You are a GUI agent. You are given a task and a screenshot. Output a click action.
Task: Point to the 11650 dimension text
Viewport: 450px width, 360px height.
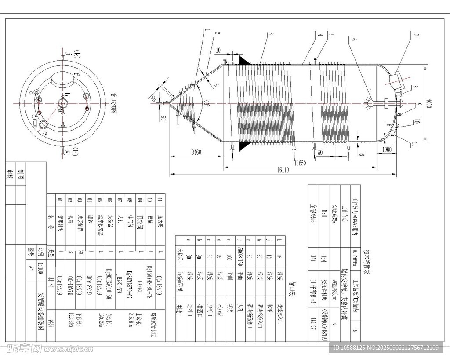click(x=300, y=163)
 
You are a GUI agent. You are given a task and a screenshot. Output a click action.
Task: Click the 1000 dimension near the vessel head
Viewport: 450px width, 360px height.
click(x=387, y=149)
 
